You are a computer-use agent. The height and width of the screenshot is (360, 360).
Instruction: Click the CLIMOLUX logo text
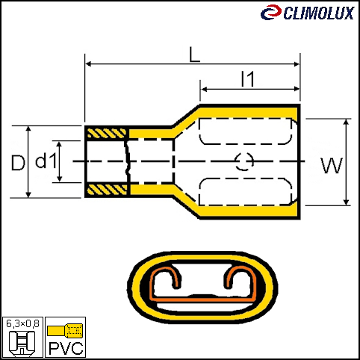pyautogui.click(x=319, y=13)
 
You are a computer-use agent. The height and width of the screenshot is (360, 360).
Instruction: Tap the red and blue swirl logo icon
pyautogui.click(x=271, y=12)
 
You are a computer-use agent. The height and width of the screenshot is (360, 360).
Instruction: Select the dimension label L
pyautogui.click(x=194, y=55)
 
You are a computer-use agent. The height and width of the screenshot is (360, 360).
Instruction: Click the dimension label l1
pyautogui.click(x=248, y=79)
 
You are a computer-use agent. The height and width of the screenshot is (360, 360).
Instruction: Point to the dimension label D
pyautogui.click(x=18, y=163)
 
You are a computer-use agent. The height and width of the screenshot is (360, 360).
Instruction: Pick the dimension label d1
pyautogui.click(x=46, y=160)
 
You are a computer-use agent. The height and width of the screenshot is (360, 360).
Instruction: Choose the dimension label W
pyautogui.click(x=332, y=166)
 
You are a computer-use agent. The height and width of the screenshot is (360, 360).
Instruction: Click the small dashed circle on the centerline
pyautogui.click(x=244, y=161)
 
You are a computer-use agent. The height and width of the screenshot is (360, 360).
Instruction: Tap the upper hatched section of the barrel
pyautogui.click(x=107, y=134)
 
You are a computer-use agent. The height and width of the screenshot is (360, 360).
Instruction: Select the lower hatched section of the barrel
pyautogui.click(x=107, y=190)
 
